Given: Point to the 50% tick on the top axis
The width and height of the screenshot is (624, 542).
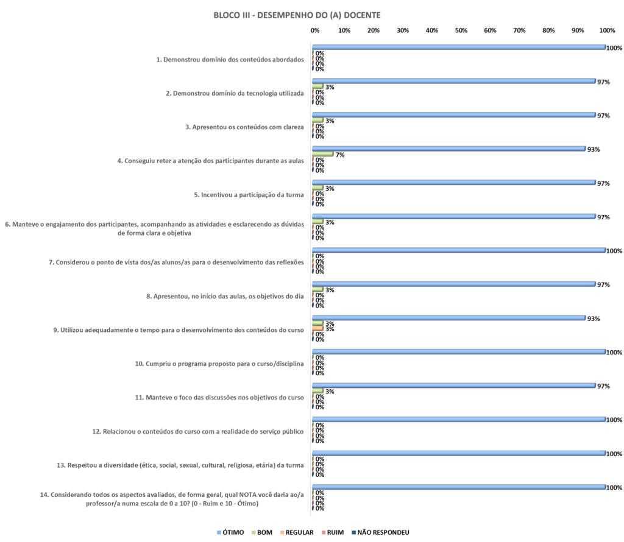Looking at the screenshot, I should pos(461,30).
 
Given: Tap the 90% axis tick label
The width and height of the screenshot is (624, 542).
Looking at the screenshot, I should pos(578,30).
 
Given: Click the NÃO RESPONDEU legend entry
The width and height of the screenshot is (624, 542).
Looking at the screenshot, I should pos(383,532).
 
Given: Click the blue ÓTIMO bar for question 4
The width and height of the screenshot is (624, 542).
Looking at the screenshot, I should pos(448,149).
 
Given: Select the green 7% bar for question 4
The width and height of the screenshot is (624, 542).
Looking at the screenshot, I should pos(322,154).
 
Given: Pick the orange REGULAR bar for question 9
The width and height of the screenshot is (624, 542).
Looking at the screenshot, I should pos(317,328).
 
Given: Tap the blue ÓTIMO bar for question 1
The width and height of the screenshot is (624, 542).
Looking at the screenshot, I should pos(458,47).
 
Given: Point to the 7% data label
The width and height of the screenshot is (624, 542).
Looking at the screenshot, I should pos(339,155).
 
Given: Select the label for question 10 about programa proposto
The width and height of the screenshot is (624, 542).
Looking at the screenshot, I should pos(219,364).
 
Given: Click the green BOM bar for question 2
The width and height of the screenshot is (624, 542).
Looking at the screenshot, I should pos(317,86).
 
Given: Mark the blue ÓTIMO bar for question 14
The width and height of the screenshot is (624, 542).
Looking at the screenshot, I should pos(458,487).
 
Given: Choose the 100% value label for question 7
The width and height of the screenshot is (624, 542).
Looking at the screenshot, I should pos(614,251).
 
